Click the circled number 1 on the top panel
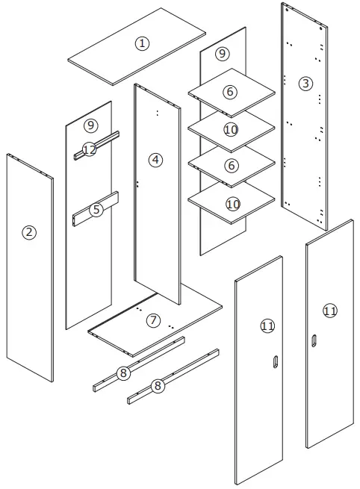coord(142,43)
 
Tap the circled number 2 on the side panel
coord(29,232)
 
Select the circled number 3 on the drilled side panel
coord(305,83)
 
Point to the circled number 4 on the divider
coord(155,160)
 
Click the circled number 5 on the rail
coord(96,210)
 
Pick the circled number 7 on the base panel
coord(153,320)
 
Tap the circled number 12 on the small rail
coord(90,150)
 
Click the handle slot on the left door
coord(276,363)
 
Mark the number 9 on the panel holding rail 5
coord(91,125)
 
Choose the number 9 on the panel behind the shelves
coord(222,54)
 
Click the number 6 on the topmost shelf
coord(230,92)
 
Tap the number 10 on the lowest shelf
coord(232,203)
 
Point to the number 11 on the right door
coord(329,311)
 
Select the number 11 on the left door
coord(267,326)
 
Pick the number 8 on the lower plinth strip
coord(157,386)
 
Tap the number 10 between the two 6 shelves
coord(231,130)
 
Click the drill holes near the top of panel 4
coord(157,113)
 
